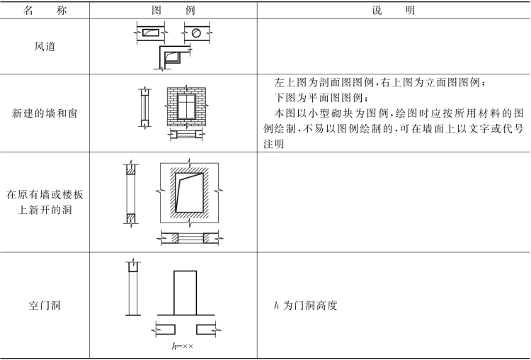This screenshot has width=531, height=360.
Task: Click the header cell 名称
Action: click(x=44, y=11)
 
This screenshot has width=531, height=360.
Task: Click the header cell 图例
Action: click(x=172, y=11)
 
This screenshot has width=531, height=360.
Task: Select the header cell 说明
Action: click(x=393, y=11)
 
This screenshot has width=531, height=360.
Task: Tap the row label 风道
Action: click(x=44, y=47)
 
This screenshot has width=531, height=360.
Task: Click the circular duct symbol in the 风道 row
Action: click(x=198, y=33)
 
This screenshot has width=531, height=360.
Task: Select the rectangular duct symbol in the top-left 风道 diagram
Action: click(x=151, y=33)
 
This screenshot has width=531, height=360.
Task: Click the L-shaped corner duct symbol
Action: click(x=173, y=55)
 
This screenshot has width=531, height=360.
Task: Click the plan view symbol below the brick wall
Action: click(x=185, y=133)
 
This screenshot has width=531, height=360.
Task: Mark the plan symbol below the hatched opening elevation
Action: click(x=188, y=238)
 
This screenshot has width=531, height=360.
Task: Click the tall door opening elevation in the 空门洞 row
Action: click(x=185, y=291)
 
